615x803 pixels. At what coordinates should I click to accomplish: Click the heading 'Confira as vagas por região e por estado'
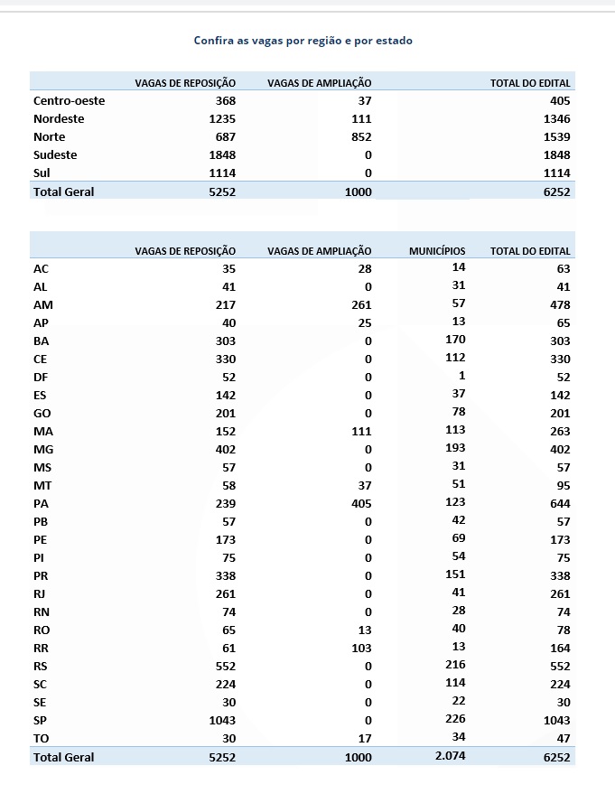tap(303, 41)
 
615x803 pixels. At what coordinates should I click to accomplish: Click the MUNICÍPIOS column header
tap(437, 250)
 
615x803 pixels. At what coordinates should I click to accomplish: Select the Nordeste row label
tap(59, 118)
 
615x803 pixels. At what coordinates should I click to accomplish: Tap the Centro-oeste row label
tap(69, 100)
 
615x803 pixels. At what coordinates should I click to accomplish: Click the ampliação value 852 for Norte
tap(360, 136)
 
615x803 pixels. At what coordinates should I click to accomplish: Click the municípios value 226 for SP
tap(455, 719)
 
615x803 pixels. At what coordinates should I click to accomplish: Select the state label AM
tap(42, 304)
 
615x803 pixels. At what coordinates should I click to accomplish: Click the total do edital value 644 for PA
tap(560, 503)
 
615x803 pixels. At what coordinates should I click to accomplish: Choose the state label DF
tap(41, 377)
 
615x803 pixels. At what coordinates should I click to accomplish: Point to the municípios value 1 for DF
tap(461, 376)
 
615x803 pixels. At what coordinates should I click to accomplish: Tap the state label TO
tap(41, 738)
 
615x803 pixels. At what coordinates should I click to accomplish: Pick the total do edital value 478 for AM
tap(560, 304)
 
